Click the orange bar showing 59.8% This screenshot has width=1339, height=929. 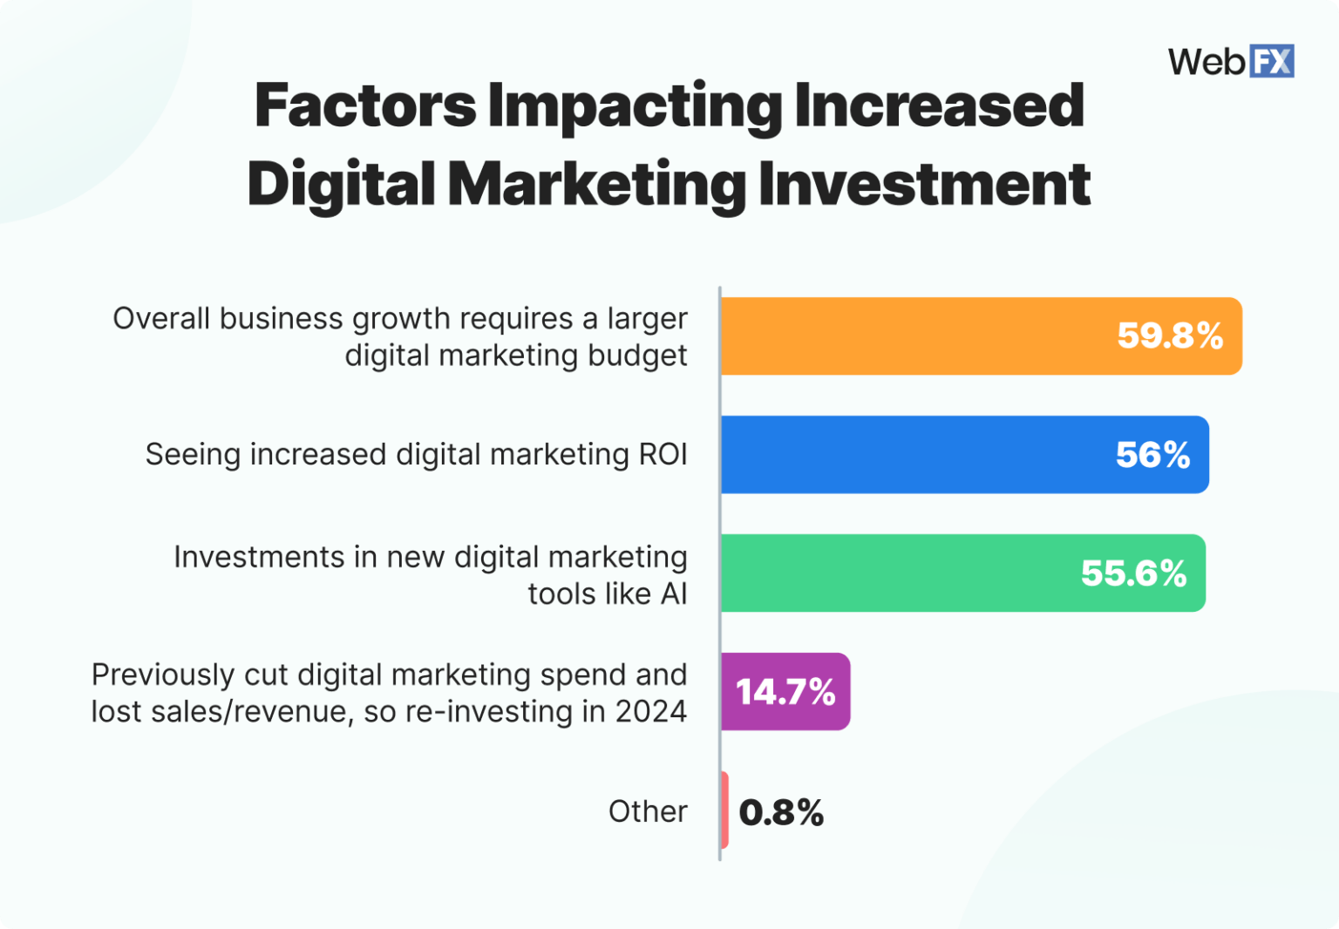pos(915,336)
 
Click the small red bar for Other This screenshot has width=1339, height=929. pos(724,810)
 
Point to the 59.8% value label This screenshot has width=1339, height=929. pos(1170,336)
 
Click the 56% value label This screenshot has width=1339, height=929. pos(1152,455)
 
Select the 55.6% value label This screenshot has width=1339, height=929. pos(1133,573)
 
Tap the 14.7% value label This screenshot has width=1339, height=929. pos(785,692)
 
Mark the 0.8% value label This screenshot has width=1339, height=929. pos(781,812)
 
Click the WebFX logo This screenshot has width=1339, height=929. pos(1231,61)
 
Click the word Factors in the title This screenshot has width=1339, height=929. pos(365,105)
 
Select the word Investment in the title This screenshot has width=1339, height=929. pos(924,184)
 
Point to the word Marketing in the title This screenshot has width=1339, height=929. pos(596,184)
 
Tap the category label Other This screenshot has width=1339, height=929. pos(648,811)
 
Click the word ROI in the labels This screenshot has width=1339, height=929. pos(663,455)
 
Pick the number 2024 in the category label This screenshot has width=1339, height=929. pos(650,712)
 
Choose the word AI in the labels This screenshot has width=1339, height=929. pos(674,594)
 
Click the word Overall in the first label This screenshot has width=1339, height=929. pos(161,319)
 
